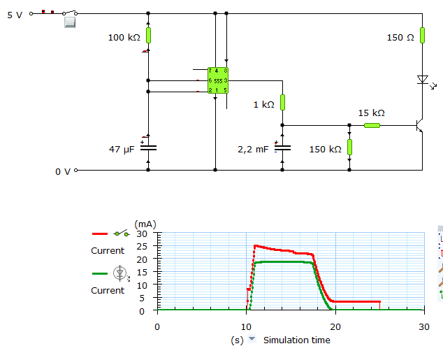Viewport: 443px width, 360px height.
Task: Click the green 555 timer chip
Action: pos(218,80)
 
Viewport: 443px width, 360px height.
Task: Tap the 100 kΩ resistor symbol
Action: pos(148,36)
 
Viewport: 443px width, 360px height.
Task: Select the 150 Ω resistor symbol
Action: pos(422,36)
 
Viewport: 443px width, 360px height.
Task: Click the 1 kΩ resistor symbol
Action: pos(282,102)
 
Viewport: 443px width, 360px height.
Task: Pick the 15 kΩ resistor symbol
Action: pos(372,125)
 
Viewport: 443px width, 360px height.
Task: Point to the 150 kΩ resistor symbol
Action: pos(349,147)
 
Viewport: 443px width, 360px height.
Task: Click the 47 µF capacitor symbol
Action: pos(148,147)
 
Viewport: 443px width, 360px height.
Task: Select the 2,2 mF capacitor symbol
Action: pos(282,147)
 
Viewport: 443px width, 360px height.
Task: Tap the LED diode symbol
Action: pos(423,80)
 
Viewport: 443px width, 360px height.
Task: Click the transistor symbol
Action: pos(420,125)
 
